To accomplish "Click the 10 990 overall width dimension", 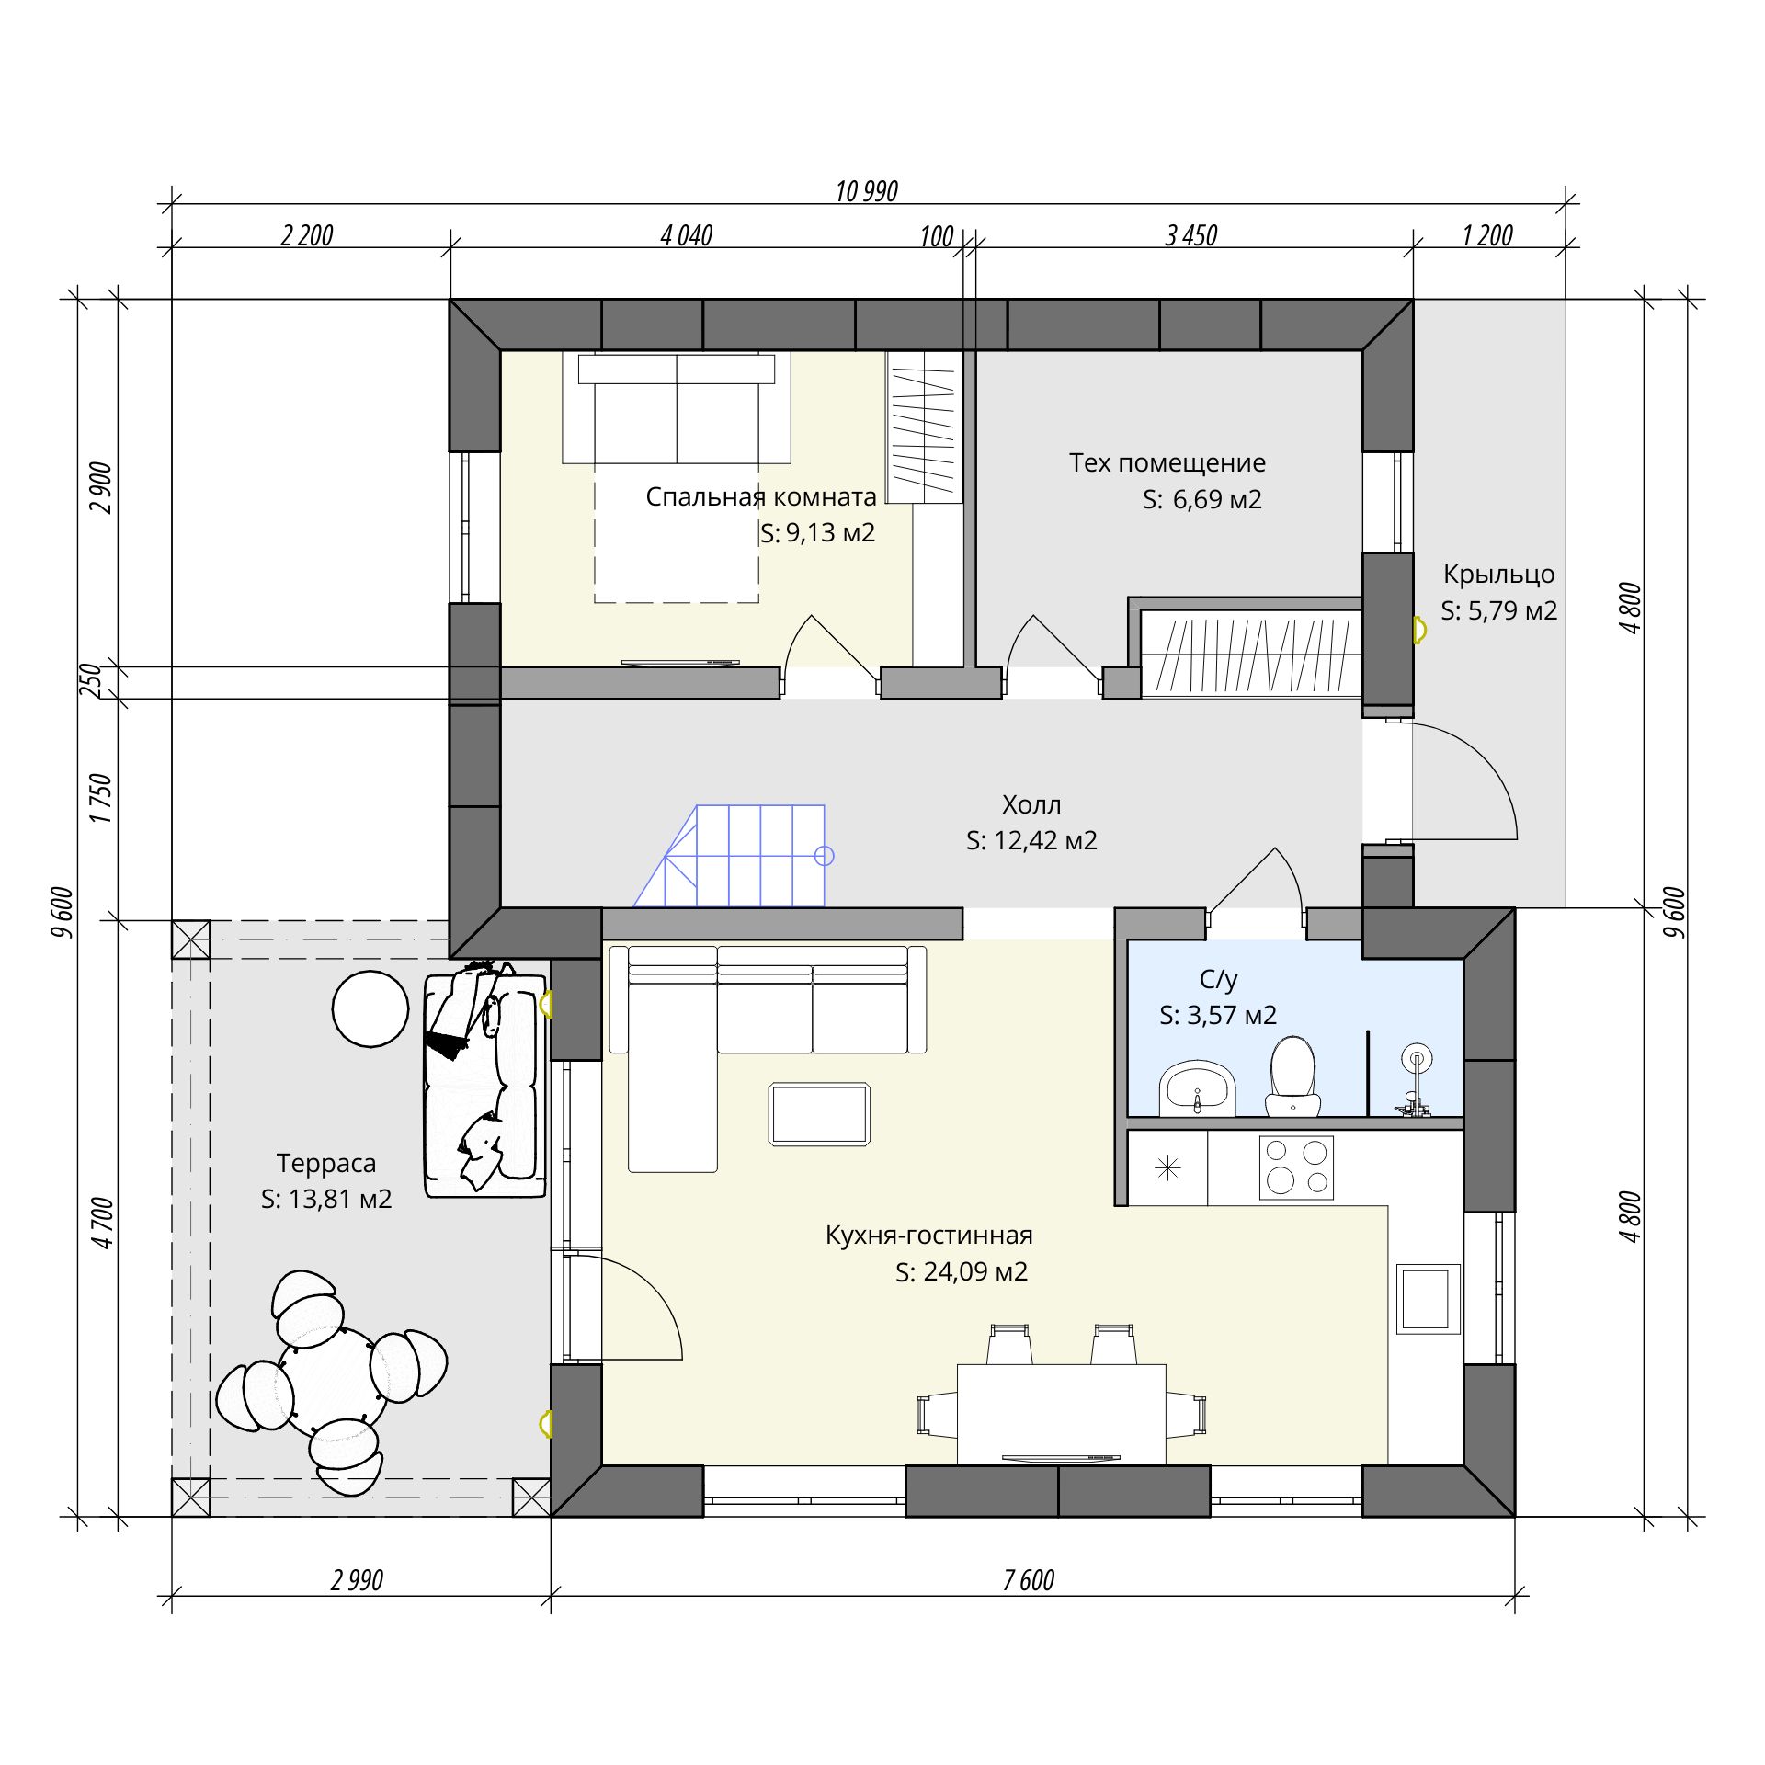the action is point(866,191).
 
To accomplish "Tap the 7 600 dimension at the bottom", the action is point(1028,1579).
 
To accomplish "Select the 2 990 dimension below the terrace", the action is point(357,1579).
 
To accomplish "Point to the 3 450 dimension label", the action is point(1190,236).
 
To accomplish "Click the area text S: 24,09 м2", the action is point(962,1271).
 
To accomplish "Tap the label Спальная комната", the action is point(761,497).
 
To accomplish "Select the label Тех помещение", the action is point(1167,462).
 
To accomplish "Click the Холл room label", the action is point(1031,804).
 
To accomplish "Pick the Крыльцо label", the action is point(1498,575).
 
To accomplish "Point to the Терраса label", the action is point(326,1163).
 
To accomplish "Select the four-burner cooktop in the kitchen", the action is point(1296,1167).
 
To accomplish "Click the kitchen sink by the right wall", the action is point(1428,1299).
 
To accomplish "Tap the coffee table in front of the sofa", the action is point(820,1114).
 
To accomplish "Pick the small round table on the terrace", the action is point(370,1008).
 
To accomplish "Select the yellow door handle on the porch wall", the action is point(1419,630).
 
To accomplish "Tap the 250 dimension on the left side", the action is point(90,681).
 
